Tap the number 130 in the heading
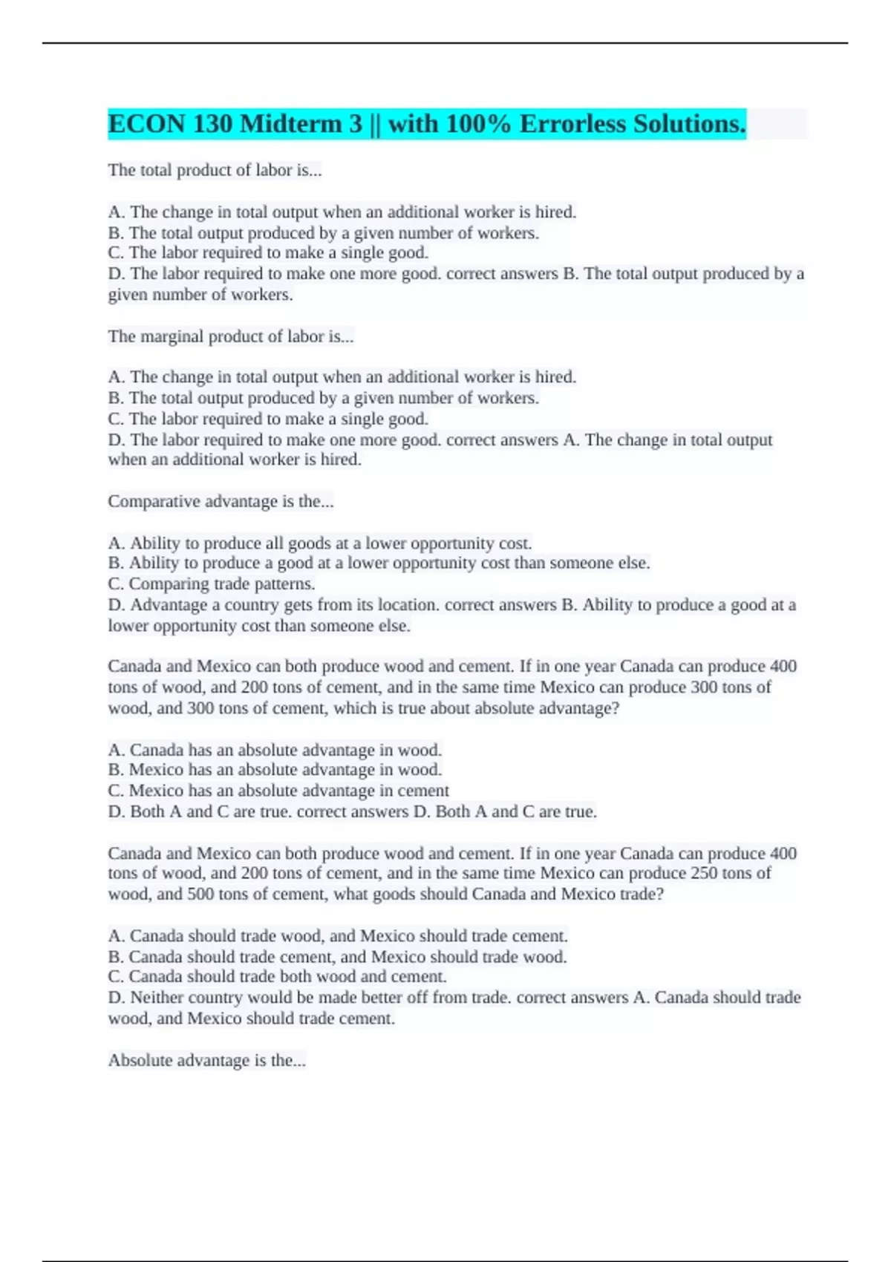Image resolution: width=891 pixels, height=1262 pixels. tap(212, 124)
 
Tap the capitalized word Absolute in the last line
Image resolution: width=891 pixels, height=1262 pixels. tap(139, 1061)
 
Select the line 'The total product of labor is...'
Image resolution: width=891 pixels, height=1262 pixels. tap(215, 171)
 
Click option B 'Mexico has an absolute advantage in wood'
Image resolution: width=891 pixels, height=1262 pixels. tap(275, 771)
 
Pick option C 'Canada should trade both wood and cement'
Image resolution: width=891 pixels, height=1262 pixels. tap(277, 977)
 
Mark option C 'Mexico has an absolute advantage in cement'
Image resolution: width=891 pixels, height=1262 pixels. tap(278, 791)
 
